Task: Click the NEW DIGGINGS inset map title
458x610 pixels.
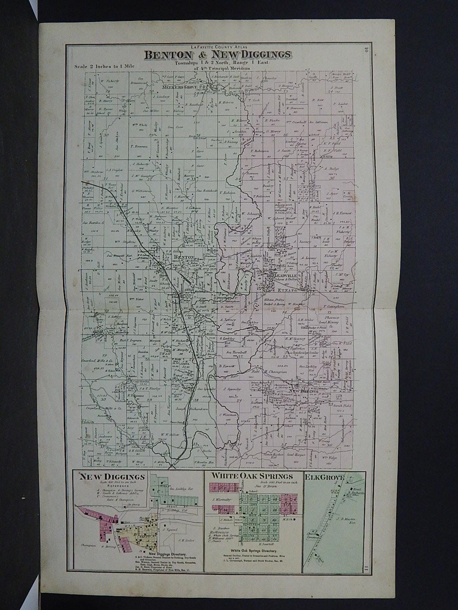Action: click(x=112, y=477)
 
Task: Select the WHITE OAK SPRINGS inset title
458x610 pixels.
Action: click(x=253, y=477)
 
